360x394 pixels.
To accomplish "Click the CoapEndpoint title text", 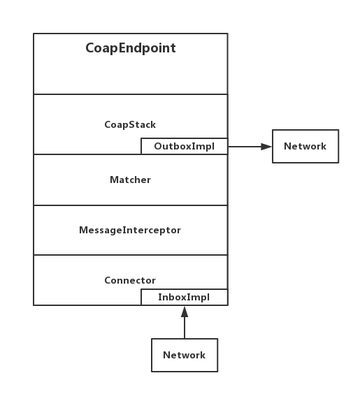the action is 131,48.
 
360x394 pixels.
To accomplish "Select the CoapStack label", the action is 130,124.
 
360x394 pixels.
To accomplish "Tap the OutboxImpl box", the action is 185,146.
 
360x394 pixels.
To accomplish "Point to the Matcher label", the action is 130,180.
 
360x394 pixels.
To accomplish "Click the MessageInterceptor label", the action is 130,230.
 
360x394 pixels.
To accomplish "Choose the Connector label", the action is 130,280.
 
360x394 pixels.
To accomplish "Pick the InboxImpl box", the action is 185,298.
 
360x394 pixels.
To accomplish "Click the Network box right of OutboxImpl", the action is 305,146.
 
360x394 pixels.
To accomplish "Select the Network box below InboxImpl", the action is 185,355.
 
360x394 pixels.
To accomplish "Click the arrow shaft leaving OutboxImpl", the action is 245,147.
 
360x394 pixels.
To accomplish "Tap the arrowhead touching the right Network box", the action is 266,147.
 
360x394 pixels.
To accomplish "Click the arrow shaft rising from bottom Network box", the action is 185,328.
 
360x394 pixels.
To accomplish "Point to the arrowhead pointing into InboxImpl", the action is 185,312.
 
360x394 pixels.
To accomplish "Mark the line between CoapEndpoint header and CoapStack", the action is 131,94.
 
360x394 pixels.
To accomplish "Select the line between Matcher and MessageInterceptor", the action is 131,205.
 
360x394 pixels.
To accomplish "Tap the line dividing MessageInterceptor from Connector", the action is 131,255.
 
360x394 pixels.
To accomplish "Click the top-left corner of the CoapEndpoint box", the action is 34,34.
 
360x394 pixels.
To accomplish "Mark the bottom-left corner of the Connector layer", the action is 34,305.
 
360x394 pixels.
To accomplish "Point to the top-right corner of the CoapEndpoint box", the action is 228,34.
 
